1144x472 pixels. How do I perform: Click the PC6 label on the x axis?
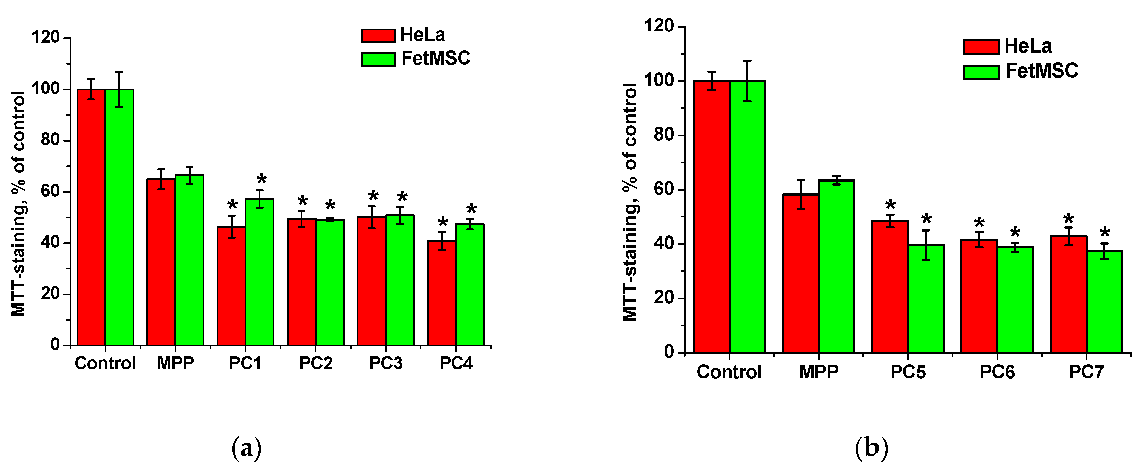point(997,372)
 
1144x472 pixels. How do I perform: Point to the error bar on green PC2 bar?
point(330,219)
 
